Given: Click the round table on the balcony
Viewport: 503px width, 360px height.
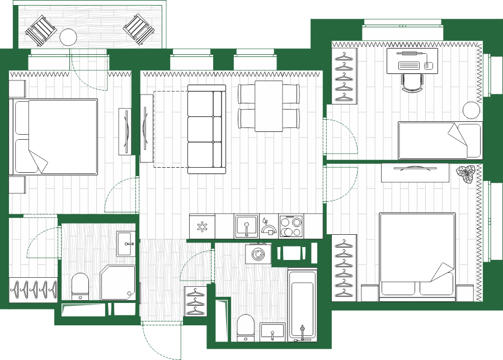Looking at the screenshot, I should point(68,37).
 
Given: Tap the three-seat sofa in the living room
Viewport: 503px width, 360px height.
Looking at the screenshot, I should point(205,129).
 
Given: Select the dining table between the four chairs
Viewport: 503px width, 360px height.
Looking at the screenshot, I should point(269,106).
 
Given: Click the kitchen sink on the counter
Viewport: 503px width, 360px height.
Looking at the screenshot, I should point(245,226).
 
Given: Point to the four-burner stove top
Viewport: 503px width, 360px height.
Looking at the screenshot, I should point(290,227).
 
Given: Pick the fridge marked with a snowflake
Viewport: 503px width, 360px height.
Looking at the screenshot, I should point(201,227).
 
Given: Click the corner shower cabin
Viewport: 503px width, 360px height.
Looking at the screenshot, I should point(118,282).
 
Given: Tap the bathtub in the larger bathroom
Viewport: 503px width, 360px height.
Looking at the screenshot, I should point(302,305).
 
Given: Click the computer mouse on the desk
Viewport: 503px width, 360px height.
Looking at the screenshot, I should point(429,65).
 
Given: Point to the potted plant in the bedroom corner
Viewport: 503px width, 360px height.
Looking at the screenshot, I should point(466,174).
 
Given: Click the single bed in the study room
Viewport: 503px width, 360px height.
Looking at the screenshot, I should point(439,140).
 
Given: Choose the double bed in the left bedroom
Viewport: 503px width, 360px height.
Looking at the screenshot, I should point(55,136).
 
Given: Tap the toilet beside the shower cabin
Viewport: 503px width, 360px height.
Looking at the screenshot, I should point(80,285).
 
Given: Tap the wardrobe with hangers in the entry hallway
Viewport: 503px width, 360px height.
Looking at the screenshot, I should point(195,301).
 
